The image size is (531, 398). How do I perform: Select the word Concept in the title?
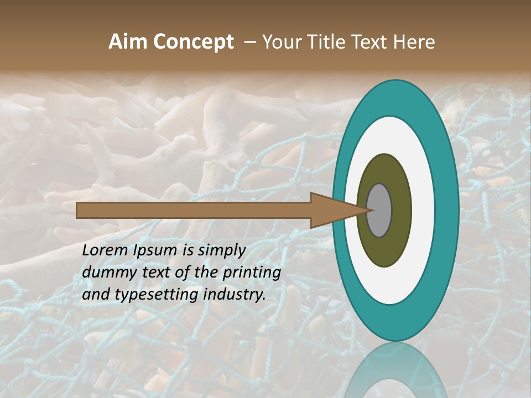point(194,43)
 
